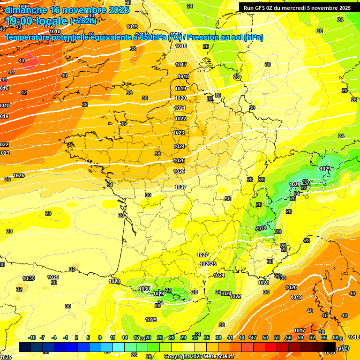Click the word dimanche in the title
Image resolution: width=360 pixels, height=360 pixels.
26,10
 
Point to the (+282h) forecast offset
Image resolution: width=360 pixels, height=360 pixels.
83,21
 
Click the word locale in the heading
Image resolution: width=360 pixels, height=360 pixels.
52,21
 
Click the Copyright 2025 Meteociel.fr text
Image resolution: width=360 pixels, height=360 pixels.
198,356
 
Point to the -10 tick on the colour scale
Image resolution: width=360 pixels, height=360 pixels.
32,337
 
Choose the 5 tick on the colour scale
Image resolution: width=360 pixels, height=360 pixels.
89,337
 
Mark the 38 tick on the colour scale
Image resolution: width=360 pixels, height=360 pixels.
218,337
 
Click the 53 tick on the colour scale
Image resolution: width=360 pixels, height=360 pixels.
277,337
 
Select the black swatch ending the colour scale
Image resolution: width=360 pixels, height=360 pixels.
329,347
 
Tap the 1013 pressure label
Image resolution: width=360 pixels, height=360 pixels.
132,27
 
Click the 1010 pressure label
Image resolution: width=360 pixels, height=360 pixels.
55,32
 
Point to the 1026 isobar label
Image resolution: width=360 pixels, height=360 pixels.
179,172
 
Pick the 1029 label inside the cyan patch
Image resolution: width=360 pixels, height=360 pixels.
325,169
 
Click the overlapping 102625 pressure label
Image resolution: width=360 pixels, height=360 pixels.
208,264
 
